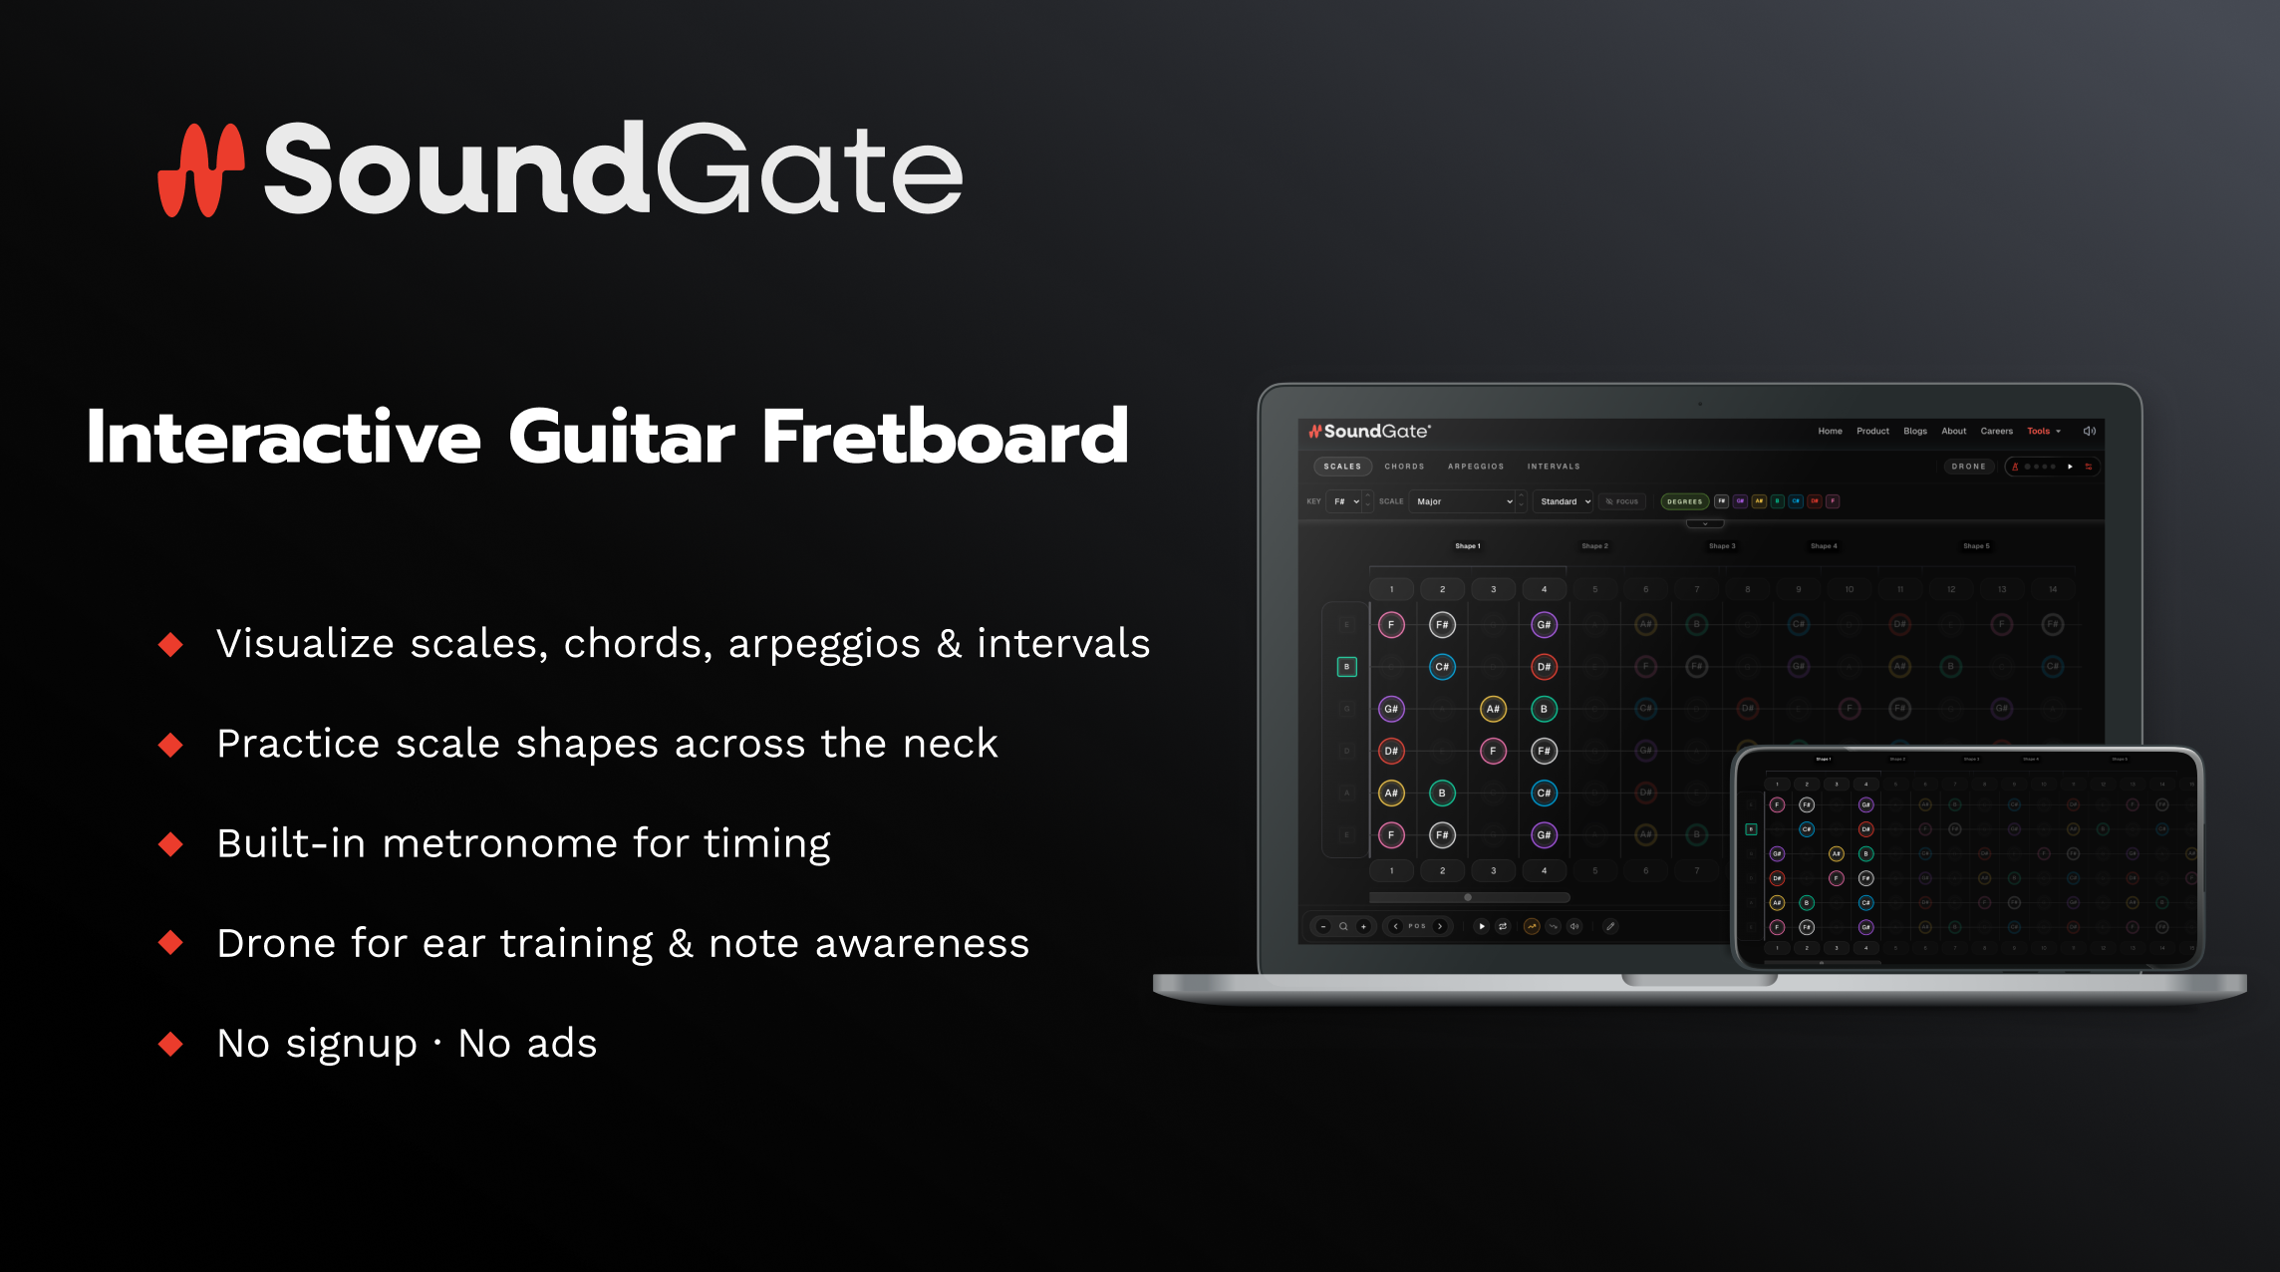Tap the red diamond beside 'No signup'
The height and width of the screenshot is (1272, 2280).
[x=171, y=1044]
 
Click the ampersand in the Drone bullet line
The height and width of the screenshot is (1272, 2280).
[x=681, y=943]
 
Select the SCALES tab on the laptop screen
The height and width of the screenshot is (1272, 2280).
[x=1341, y=467]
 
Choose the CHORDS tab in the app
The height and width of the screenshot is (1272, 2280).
[x=1403, y=467]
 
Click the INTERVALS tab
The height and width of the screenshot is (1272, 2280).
[x=1553, y=467]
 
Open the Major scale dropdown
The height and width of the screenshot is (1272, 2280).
[x=1463, y=501]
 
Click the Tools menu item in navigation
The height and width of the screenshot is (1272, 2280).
[x=2039, y=432]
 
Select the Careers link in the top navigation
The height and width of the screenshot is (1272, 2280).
[x=1996, y=432]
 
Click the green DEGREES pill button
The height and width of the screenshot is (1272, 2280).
[x=1684, y=501]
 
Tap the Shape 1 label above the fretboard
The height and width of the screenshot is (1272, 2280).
[x=1467, y=546]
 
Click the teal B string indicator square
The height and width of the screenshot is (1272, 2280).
[x=1346, y=667]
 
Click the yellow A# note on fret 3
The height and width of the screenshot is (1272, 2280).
[x=1493, y=709]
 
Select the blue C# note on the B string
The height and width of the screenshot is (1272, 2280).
[x=1442, y=667]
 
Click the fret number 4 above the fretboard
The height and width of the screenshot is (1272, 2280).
[x=1544, y=589]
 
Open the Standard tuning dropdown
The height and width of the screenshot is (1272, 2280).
[x=1565, y=501]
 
